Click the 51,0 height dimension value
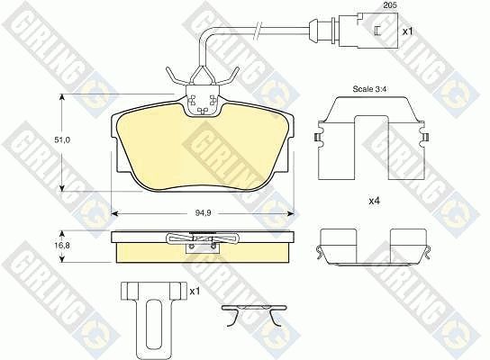click(62, 140)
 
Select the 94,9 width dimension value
click(204, 213)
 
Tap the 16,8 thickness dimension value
click(62, 246)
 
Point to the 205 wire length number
click(390, 5)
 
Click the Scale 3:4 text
click(369, 89)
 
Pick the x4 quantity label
click(374, 202)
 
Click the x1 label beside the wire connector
click(407, 31)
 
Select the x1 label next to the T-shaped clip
click(195, 292)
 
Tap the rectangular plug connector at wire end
click(368, 31)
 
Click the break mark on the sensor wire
click(259, 31)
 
